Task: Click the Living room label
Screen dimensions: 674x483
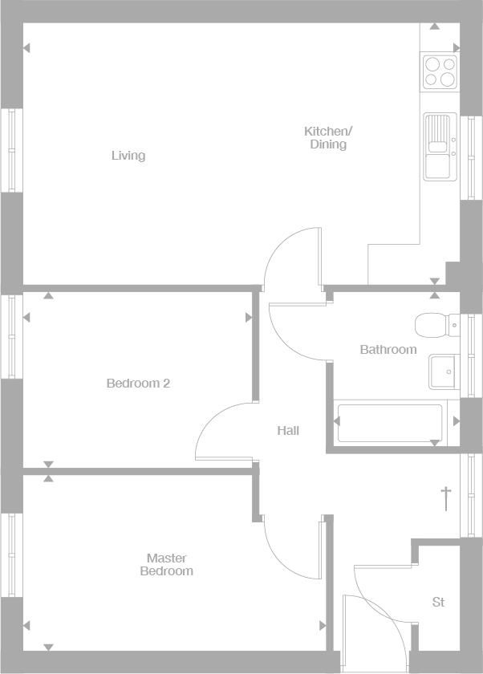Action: coord(128,156)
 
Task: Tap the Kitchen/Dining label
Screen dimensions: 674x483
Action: coord(327,138)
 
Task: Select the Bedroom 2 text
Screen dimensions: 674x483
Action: coord(138,384)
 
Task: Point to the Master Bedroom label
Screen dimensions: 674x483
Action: coord(167,565)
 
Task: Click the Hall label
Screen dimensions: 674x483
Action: coord(288,431)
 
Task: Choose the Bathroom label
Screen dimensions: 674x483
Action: coord(388,350)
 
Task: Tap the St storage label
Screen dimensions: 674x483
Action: coord(438,602)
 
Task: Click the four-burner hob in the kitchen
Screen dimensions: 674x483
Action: coord(440,71)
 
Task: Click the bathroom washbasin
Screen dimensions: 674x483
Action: coord(444,372)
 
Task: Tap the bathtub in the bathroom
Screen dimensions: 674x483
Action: coord(390,422)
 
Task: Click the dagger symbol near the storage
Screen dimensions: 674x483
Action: coord(446,497)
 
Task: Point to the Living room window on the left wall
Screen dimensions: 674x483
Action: coord(11,150)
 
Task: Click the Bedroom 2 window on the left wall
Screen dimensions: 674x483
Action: coord(11,337)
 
